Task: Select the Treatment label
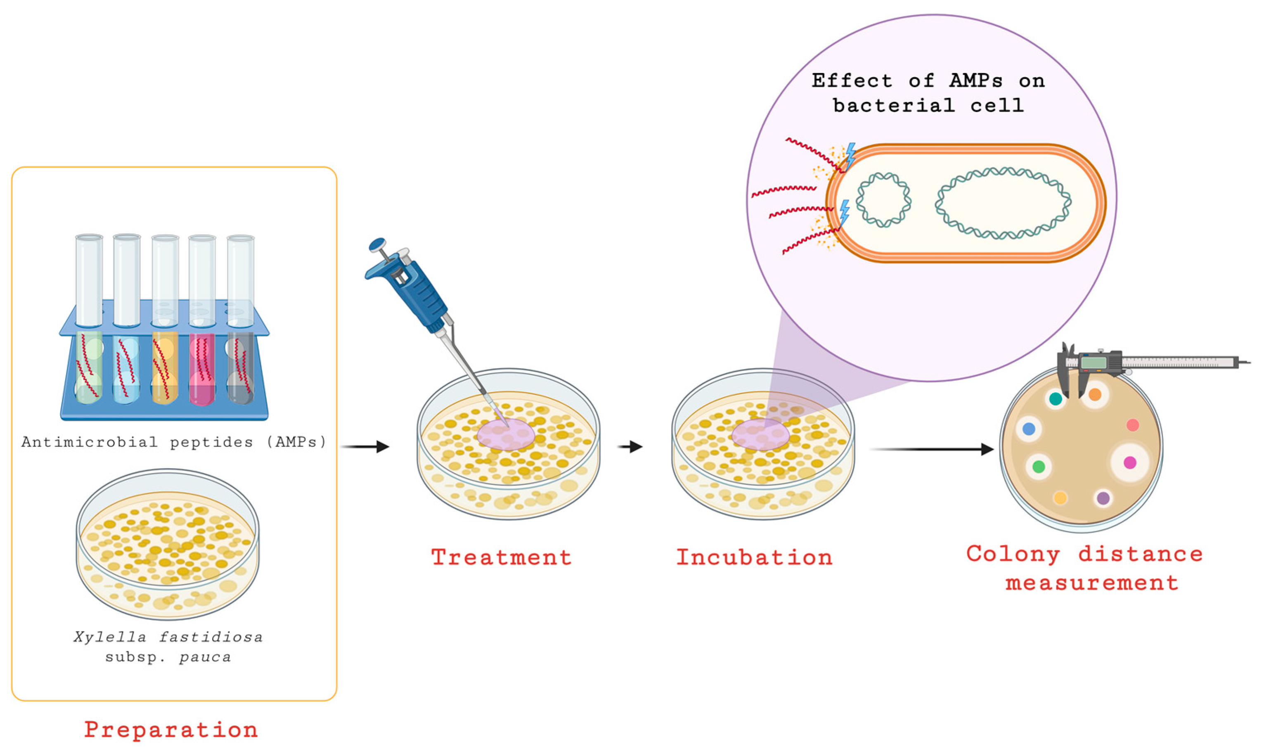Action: (x=501, y=557)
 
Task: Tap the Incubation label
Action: (x=754, y=557)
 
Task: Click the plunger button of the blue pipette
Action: (x=378, y=244)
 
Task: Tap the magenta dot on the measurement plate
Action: (x=1129, y=462)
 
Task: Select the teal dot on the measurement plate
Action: (x=1055, y=399)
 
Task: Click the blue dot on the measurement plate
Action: (x=1029, y=429)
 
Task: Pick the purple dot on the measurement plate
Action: (x=1103, y=498)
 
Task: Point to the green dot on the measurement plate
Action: (x=1038, y=466)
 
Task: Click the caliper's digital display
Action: (x=1094, y=363)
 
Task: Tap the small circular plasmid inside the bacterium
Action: (x=883, y=200)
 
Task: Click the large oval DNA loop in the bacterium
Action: (x=1003, y=203)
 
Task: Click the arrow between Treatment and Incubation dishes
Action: (x=630, y=447)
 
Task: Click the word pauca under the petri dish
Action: (x=205, y=658)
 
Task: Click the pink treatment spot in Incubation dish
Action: (x=760, y=434)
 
